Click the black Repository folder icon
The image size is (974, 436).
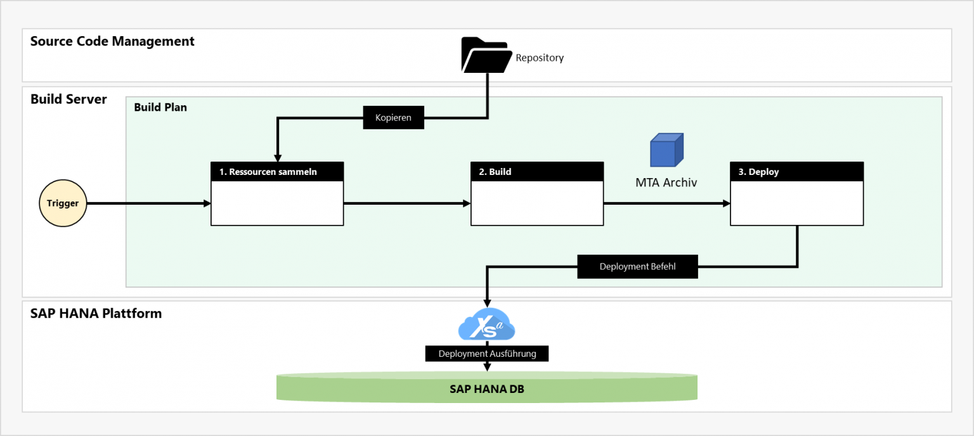pyautogui.click(x=486, y=56)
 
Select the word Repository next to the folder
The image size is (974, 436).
pyautogui.click(x=540, y=58)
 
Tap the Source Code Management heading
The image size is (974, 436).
pyautogui.click(x=112, y=41)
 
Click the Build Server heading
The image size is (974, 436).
pyautogui.click(x=68, y=99)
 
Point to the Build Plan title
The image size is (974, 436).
pyautogui.click(x=160, y=107)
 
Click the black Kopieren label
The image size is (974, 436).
pyautogui.click(x=393, y=118)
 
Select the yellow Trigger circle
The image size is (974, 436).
pyautogui.click(x=63, y=203)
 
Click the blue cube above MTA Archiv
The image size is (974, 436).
pyautogui.click(x=666, y=150)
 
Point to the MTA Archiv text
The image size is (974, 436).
pyautogui.click(x=666, y=183)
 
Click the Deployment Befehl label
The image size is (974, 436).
pyautogui.click(x=637, y=267)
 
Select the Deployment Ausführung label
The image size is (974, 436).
pyautogui.click(x=487, y=354)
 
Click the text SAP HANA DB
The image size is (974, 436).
pyautogui.click(x=487, y=389)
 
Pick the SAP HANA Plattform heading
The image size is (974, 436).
pyautogui.click(x=96, y=313)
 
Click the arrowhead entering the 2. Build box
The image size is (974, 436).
pyautogui.click(x=467, y=203)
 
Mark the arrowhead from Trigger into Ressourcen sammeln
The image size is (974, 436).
pyautogui.click(x=207, y=203)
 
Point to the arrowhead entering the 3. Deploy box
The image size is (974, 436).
pyautogui.click(x=726, y=203)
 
